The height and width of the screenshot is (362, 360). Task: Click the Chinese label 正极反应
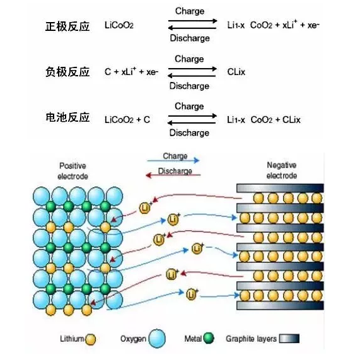coord(67,26)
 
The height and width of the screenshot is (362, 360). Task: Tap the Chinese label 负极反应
coord(67,72)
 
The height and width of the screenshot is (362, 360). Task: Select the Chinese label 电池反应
coord(67,117)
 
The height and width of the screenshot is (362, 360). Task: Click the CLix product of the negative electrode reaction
coord(236,72)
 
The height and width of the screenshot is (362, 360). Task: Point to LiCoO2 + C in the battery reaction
coord(127,120)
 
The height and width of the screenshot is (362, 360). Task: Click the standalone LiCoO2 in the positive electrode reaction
coord(119,25)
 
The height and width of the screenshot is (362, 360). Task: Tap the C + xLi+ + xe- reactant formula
coord(131,71)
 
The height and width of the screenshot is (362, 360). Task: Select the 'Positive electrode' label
coord(73,171)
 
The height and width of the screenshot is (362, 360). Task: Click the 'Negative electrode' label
coord(282,170)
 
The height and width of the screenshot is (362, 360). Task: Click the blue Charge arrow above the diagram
coord(173,160)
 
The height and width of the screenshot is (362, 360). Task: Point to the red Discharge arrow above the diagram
coord(173,175)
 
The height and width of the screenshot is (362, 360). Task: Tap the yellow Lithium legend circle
coord(90,339)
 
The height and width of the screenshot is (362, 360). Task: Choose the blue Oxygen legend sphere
coord(157,339)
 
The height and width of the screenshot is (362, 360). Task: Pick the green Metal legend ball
coord(209,338)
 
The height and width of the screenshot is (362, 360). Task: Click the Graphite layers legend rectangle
coord(289,339)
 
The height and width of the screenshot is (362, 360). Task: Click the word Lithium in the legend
coord(72,339)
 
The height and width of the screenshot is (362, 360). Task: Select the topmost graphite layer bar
coord(280,188)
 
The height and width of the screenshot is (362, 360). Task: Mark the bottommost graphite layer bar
coord(280,306)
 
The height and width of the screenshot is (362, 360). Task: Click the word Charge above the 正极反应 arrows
coord(190,11)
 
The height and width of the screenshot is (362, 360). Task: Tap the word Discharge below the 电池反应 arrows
coord(189,133)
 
